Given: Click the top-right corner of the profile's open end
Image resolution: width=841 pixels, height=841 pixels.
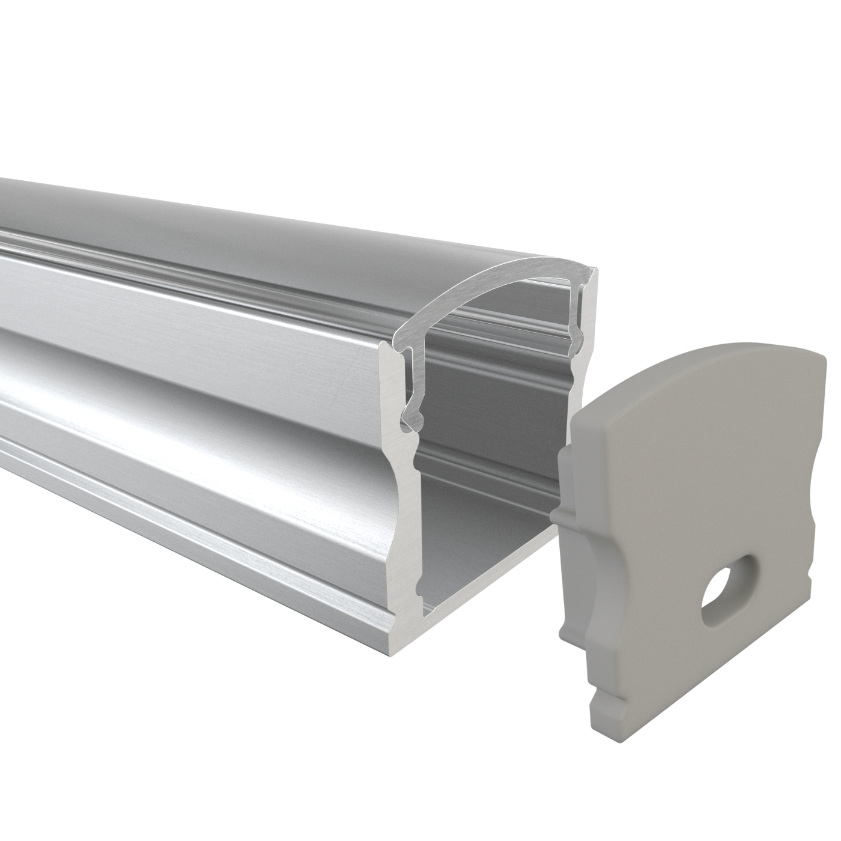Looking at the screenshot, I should (596, 272).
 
